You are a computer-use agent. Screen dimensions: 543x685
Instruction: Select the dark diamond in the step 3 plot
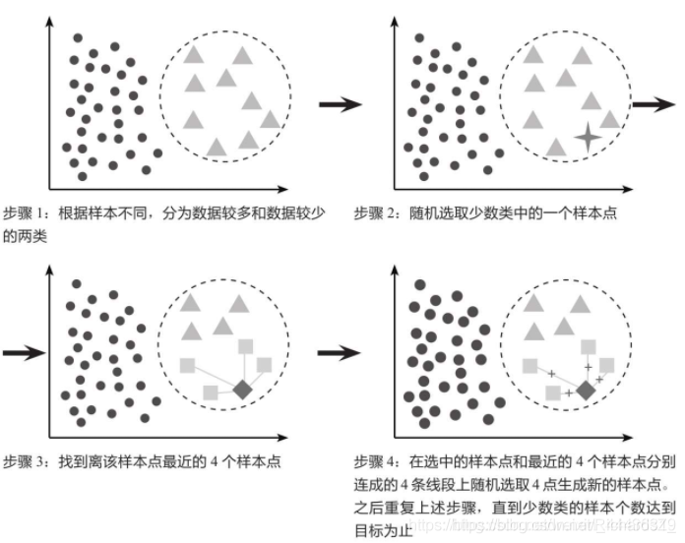(x=242, y=389)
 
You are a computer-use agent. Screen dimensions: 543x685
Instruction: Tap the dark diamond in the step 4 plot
(x=585, y=391)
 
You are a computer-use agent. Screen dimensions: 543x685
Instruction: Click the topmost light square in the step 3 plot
(x=246, y=344)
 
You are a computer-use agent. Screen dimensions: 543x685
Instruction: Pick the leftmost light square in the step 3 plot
(x=187, y=365)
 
